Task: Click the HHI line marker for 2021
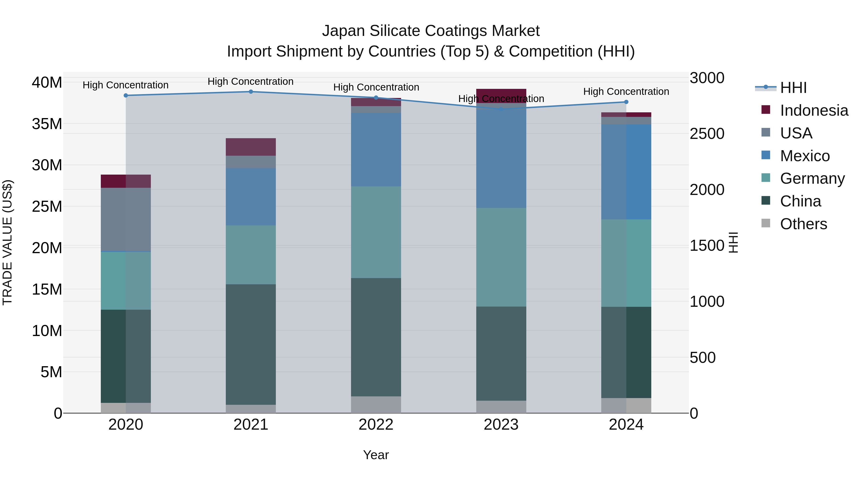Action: [x=251, y=92]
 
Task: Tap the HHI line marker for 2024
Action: [x=626, y=102]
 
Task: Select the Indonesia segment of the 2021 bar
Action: [x=251, y=147]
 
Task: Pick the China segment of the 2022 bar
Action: [x=376, y=337]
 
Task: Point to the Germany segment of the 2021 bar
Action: [x=251, y=255]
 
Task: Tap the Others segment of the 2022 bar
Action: [x=376, y=405]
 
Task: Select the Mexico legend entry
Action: [x=805, y=156]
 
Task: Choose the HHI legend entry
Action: [x=793, y=88]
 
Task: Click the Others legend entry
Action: [x=803, y=224]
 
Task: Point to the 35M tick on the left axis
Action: [x=47, y=124]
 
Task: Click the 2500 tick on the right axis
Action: [x=707, y=134]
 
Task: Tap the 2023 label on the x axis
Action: [x=501, y=425]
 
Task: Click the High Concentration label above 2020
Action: [x=125, y=85]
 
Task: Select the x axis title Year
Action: [x=376, y=455]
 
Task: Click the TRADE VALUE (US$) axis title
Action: [x=7, y=242]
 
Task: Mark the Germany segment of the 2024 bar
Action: [x=626, y=263]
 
